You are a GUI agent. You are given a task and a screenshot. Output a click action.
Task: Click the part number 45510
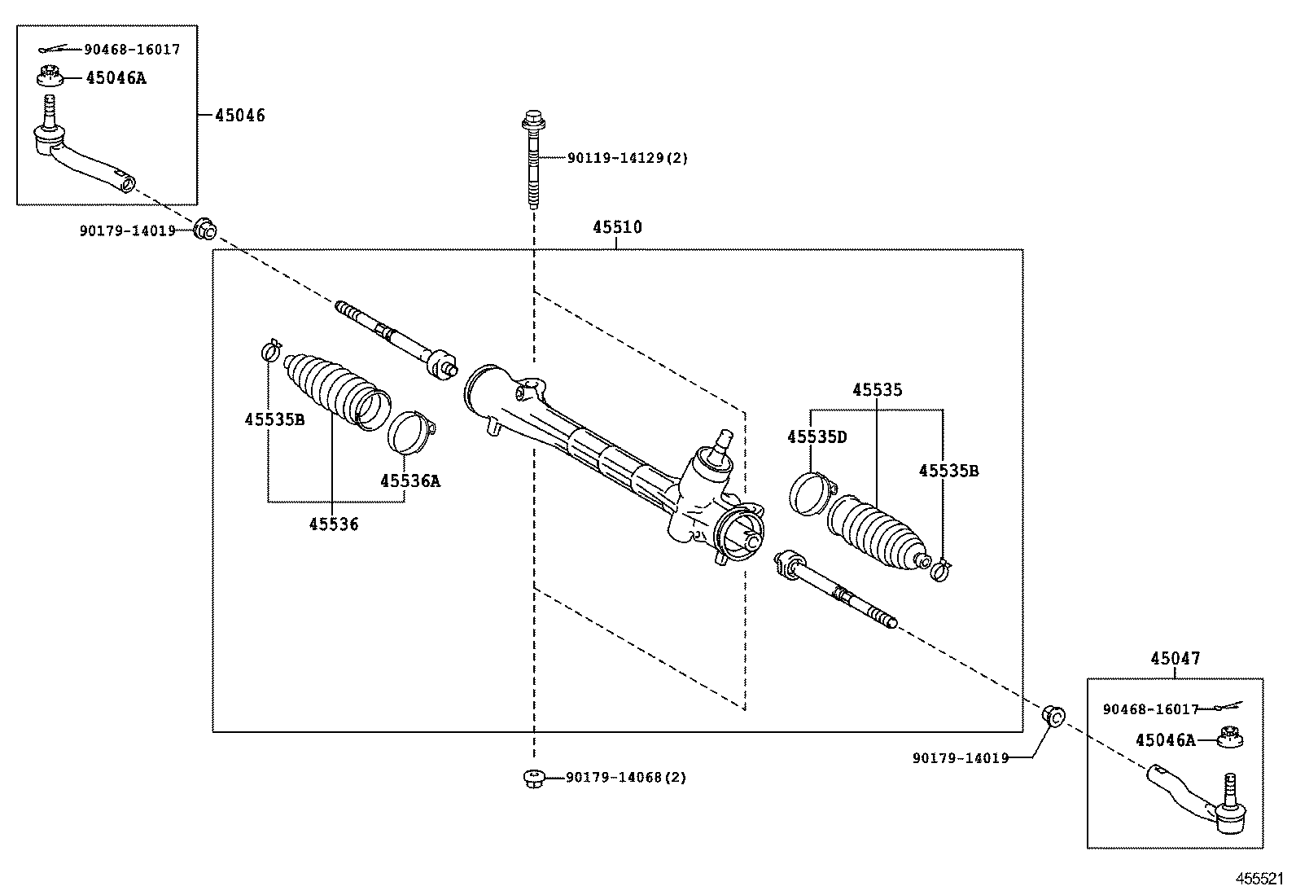616,227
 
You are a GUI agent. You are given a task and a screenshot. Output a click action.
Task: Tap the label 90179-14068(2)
625,778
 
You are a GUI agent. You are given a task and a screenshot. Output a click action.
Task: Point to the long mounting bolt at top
532,159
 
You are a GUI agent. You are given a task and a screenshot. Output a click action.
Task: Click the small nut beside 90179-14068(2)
533,779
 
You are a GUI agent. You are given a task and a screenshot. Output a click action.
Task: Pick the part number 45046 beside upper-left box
239,115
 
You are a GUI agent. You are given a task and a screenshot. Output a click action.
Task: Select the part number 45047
1175,659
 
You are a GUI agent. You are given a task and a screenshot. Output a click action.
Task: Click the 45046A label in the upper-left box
116,78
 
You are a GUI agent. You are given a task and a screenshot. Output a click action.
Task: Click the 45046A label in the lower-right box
1165,740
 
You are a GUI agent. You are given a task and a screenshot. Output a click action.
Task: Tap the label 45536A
409,480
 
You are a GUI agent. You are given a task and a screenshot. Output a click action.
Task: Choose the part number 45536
333,524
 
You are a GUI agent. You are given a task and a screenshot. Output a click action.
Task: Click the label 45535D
817,437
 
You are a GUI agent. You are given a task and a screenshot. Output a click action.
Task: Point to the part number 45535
877,390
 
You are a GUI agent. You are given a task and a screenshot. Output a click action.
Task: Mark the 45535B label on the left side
274,420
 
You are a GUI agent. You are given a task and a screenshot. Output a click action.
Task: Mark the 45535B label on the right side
948,471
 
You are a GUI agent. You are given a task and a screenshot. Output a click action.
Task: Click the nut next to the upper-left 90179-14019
205,229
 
